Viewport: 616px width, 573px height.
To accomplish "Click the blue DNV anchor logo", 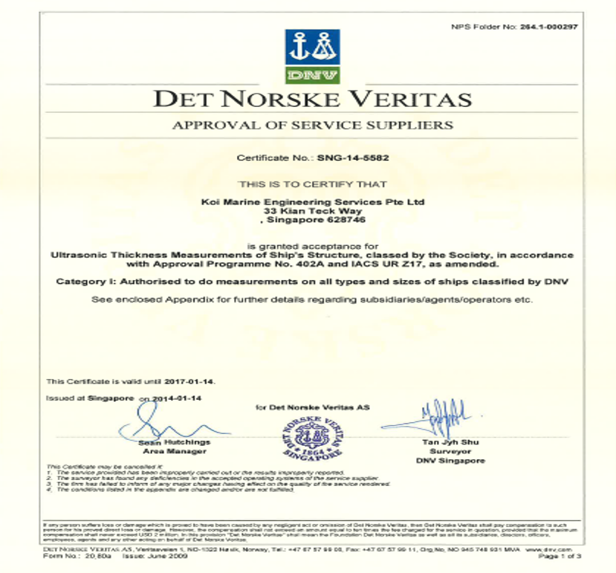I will pos(312,48).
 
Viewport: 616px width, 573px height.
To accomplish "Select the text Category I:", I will pos(79,282).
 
